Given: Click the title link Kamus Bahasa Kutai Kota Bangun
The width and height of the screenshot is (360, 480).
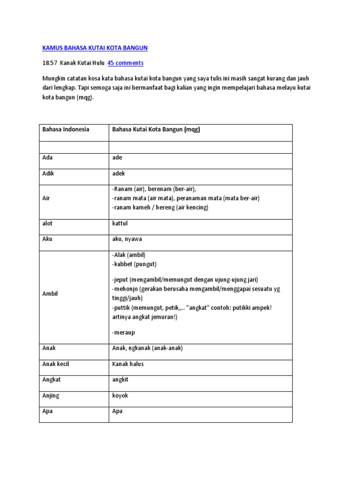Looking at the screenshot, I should coord(95,48).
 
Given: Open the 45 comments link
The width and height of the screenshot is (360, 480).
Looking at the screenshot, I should coord(126,63).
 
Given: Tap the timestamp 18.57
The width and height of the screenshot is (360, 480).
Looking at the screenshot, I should coord(49,63).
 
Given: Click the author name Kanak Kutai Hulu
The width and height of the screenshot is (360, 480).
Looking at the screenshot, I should coord(82,63).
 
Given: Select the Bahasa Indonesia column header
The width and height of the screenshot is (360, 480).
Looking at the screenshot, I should coord(66,129).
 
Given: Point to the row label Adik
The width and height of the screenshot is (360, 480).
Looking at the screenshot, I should coord(49,173).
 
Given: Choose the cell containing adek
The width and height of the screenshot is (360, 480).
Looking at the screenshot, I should coord(119,173).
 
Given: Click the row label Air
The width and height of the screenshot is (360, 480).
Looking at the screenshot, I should coord(46,198).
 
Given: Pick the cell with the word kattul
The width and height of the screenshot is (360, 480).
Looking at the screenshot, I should coord(120,224).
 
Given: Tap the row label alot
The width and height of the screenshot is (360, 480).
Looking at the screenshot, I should coord(47,224).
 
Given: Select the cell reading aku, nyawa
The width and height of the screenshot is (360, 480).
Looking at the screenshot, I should coord(127,239).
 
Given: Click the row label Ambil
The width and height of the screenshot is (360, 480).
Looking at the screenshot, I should coord(50,294).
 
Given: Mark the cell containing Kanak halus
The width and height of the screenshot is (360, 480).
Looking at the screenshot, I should coord(127,364).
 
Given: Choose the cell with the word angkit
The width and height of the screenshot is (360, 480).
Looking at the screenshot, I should coord(120,380).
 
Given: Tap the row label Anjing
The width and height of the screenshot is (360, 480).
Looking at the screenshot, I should coord(51,396).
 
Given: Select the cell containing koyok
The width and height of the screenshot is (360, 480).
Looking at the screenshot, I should coord(120,396).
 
